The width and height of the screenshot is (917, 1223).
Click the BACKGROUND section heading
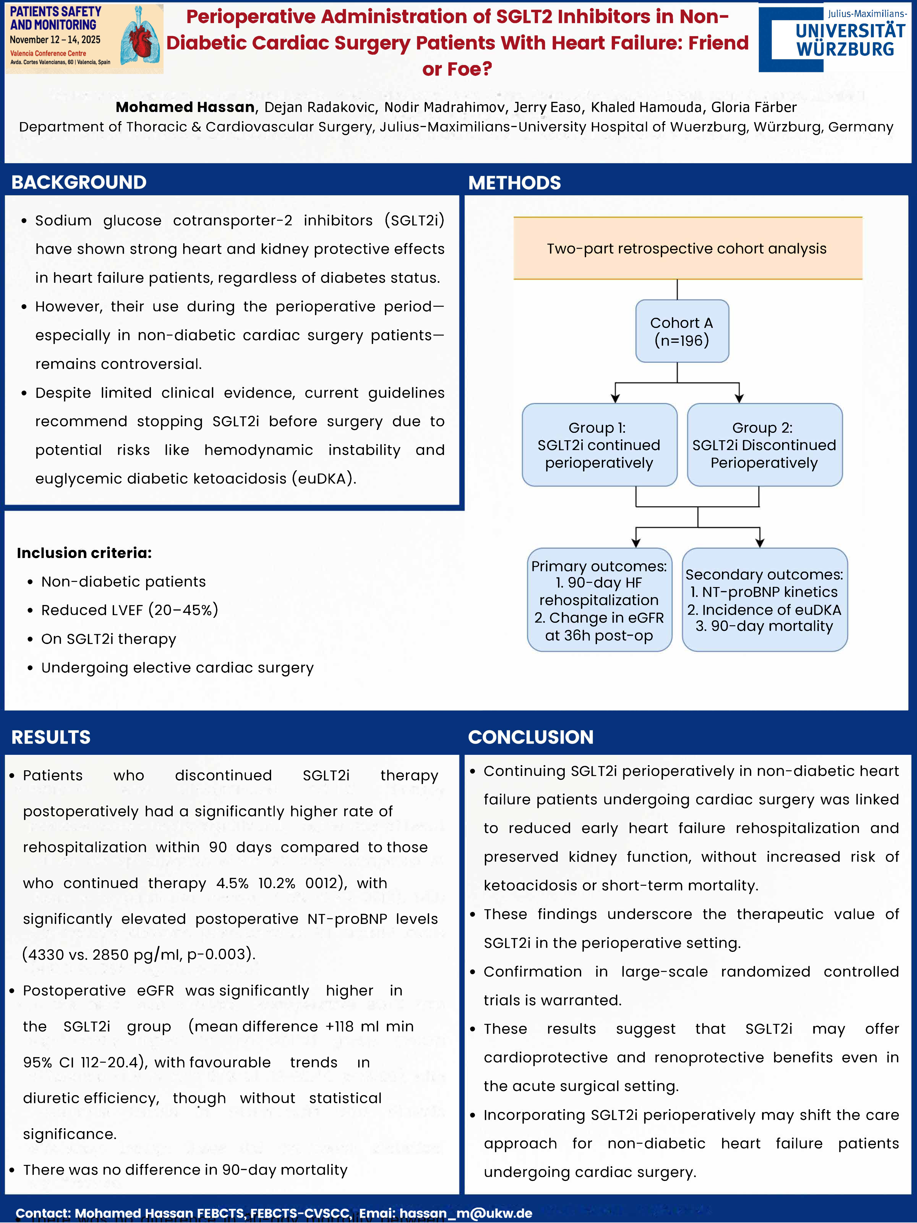(x=79, y=182)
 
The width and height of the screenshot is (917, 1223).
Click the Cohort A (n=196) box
(x=682, y=331)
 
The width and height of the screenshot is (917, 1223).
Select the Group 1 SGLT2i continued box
(x=599, y=445)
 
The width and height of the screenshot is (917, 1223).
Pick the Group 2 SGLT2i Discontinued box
(x=764, y=445)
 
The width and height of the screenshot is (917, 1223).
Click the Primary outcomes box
(x=599, y=600)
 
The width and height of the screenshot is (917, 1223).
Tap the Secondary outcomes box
(x=764, y=600)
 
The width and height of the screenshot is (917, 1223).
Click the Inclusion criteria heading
(x=84, y=553)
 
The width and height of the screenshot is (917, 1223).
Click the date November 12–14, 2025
(x=55, y=40)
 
